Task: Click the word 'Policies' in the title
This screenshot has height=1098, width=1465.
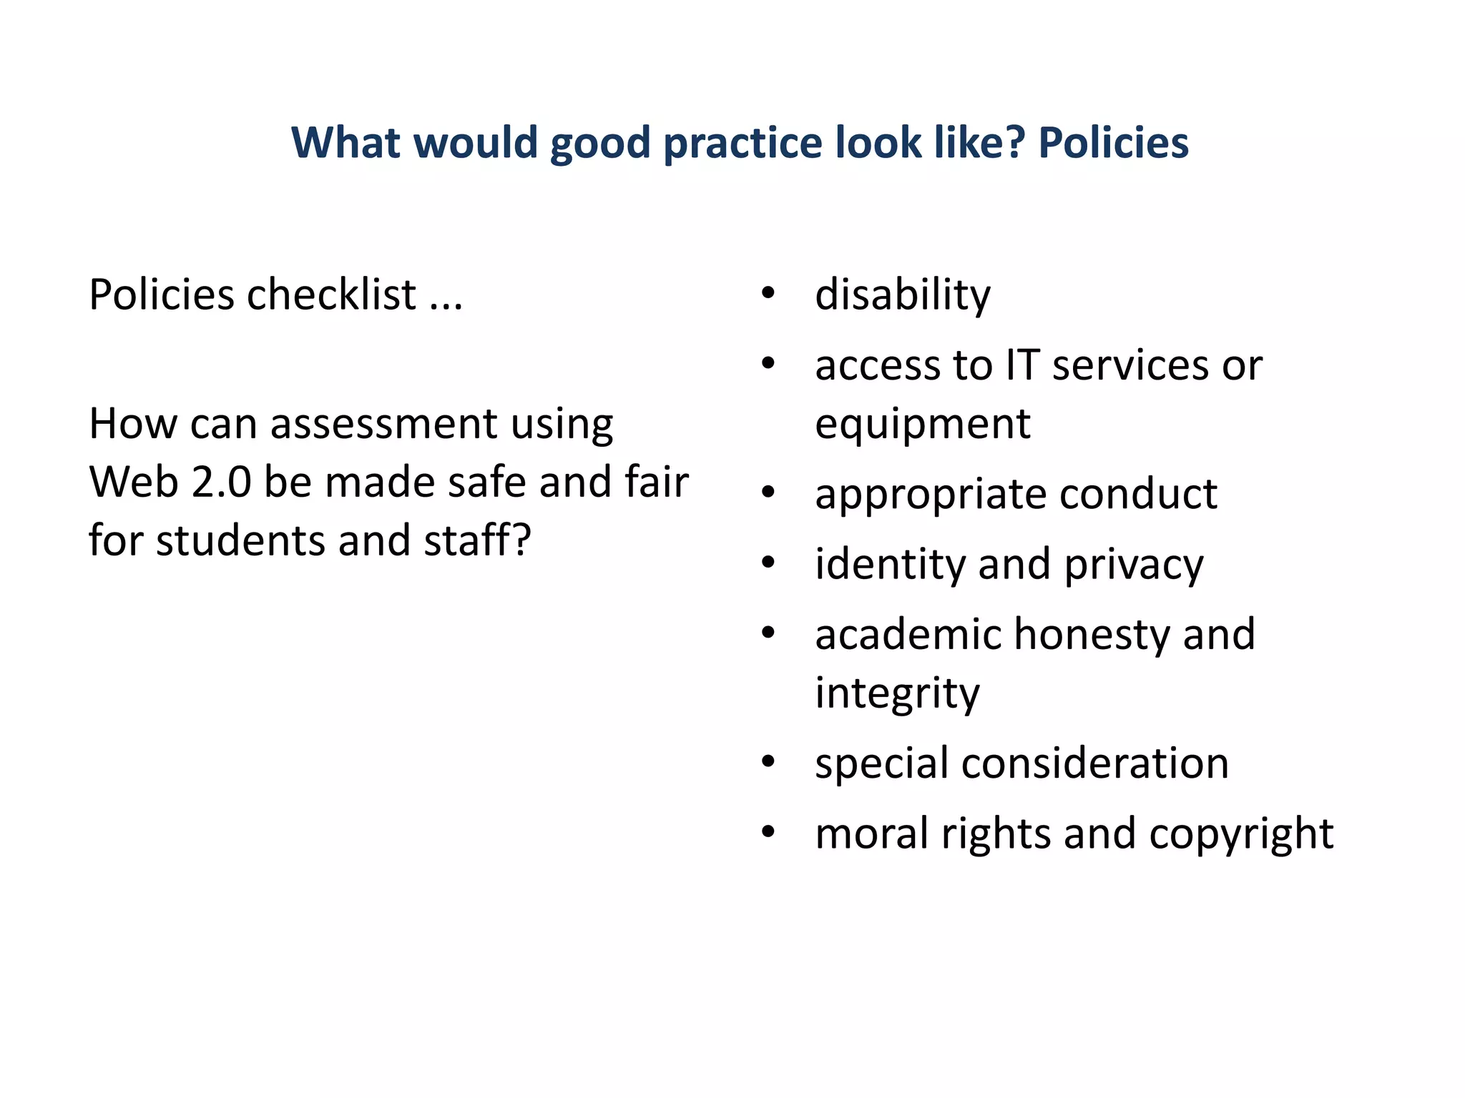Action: point(1113,142)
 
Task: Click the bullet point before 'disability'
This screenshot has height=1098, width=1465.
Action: point(768,293)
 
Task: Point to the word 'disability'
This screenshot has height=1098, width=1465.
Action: point(903,295)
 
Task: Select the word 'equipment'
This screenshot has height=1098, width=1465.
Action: point(923,425)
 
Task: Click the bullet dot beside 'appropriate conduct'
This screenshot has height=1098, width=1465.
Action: point(768,493)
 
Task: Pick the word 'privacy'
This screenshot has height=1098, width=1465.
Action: point(1134,565)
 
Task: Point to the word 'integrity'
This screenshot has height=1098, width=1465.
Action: point(897,693)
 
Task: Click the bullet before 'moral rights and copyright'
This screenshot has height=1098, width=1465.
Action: point(768,832)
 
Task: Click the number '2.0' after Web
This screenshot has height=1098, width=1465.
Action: point(221,482)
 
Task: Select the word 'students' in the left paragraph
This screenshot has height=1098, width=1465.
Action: point(240,540)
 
